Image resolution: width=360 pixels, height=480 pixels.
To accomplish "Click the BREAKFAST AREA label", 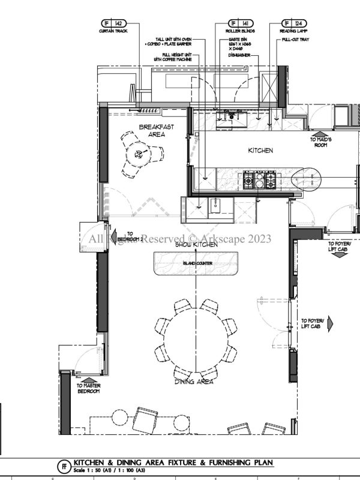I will pos(152,131).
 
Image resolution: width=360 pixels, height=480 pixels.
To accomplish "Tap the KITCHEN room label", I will pos(260,151).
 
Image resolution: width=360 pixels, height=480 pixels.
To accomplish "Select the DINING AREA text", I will pos(194,382).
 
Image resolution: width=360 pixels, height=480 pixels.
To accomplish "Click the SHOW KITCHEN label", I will pos(196,245).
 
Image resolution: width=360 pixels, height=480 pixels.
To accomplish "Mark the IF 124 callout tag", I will pos(293,22).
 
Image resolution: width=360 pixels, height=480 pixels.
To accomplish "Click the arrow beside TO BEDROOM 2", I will pos(112,234).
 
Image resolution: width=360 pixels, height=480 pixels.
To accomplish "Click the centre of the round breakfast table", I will pos(139,154).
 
